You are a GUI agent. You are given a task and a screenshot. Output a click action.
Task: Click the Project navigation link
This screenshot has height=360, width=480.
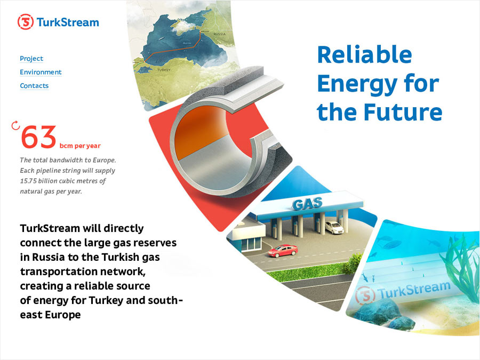coord(31,59)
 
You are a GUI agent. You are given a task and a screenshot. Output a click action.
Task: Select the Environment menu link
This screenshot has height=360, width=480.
coord(41,72)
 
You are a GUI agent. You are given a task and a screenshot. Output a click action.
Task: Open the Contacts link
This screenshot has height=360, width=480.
coord(34,86)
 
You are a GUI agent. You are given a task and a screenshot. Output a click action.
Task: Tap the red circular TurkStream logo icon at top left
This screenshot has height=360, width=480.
coord(26,22)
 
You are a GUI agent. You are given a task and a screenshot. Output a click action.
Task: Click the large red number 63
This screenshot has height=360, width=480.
coord(39,137)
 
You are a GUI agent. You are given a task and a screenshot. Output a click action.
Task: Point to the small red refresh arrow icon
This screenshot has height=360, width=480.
coord(15,125)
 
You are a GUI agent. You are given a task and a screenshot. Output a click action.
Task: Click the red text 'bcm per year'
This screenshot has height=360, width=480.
coord(80,146)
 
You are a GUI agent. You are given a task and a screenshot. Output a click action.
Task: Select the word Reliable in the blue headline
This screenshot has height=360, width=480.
coord(365,54)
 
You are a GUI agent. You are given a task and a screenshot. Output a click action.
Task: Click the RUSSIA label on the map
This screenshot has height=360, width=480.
coord(220,34)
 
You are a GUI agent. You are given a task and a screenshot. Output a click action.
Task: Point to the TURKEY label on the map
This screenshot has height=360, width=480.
coord(164,70)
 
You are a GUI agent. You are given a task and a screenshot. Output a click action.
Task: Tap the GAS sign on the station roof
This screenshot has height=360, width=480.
coord(307,204)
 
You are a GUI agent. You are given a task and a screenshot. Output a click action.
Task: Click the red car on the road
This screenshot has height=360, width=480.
coord(283,251)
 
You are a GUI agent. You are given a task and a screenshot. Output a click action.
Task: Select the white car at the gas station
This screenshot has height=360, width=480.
coord(334,227)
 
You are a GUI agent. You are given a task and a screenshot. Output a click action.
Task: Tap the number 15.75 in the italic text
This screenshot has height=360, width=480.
coord(28,181)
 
